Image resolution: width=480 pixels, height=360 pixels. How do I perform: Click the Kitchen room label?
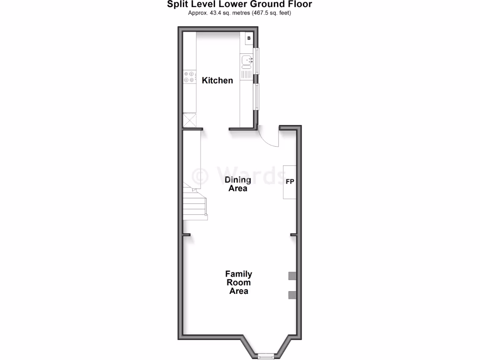(x=217, y=81)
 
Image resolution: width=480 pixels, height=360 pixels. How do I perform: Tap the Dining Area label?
(x=238, y=184)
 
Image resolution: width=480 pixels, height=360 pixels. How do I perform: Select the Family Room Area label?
(x=239, y=282)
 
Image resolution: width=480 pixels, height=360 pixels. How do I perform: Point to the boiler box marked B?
(x=249, y=38)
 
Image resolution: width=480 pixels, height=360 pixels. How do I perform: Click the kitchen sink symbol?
(x=247, y=60)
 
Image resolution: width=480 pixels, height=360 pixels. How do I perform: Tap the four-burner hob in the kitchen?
(x=189, y=77)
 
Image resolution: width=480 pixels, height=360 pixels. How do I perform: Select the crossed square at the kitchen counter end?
(x=189, y=120)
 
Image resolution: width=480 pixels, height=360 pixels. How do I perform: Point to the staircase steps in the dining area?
(x=195, y=204)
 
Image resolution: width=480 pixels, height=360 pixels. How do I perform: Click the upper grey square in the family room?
(x=292, y=276)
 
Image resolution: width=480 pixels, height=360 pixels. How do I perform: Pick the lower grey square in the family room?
(x=292, y=295)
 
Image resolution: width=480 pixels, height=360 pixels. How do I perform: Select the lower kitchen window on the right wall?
(x=256, y=97)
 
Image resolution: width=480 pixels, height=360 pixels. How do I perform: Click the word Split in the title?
(x=179, y=4)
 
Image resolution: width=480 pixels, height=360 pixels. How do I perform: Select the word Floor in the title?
(x=300, y=4)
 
